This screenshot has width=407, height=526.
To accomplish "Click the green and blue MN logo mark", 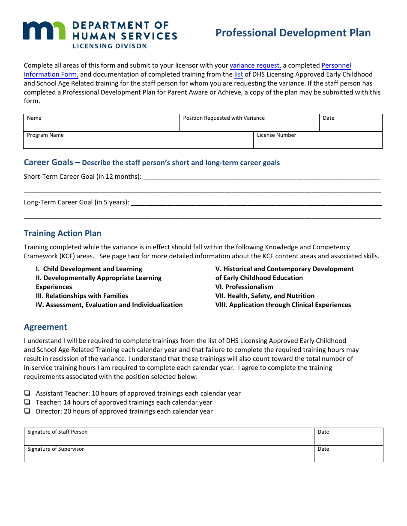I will point(45,31).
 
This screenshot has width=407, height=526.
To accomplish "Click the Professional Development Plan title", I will point(293,33).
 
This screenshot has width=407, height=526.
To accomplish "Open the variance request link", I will point(255,65).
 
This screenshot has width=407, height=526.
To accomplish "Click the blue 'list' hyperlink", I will point(238,74).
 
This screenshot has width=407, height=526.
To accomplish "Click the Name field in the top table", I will point(101,123).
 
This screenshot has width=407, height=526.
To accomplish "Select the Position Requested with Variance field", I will point(249,123).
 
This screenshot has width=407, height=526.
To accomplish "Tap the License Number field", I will point(317,140).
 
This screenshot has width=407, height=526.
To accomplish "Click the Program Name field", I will point(138,140).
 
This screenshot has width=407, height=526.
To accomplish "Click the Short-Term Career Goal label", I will point(83,177).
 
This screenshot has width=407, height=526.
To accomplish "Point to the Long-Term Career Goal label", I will point(76,202).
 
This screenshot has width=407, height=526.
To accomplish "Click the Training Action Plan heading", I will point(63,233).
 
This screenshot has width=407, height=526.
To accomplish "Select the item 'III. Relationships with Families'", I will point(82,296).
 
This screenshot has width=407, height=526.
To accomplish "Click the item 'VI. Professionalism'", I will point(244,287).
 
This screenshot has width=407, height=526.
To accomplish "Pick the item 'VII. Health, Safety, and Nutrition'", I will point(265,296).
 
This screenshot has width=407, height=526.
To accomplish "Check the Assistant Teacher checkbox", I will point(27,393).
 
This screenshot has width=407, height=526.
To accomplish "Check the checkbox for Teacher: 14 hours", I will point(27,402).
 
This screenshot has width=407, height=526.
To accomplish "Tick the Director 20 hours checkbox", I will point(27,411).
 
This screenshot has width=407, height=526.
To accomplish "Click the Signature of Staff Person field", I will point(169,437).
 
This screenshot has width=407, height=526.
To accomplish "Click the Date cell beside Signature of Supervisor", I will point(348,454).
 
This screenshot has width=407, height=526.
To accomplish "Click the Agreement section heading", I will point(45,327).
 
